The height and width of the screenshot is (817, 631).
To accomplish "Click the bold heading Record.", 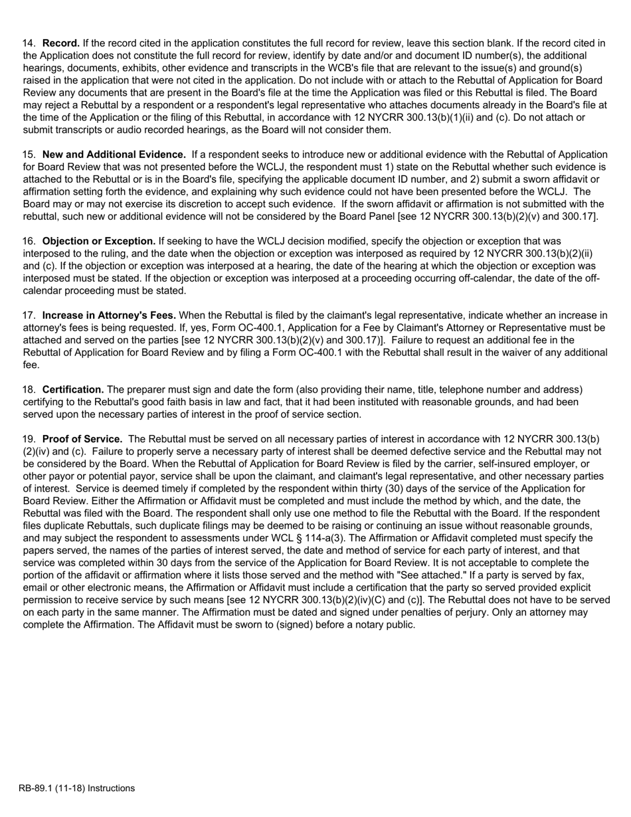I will pos(61,43).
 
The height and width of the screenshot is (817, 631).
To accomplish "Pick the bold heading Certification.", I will pos(73,389).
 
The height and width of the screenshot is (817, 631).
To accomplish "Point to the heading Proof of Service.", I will pos(82,439).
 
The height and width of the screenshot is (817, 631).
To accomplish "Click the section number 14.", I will pos(29,43).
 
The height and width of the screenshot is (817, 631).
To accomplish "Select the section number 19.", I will pos(29,439).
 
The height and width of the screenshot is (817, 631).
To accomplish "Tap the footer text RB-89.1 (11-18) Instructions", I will pos(76,788).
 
